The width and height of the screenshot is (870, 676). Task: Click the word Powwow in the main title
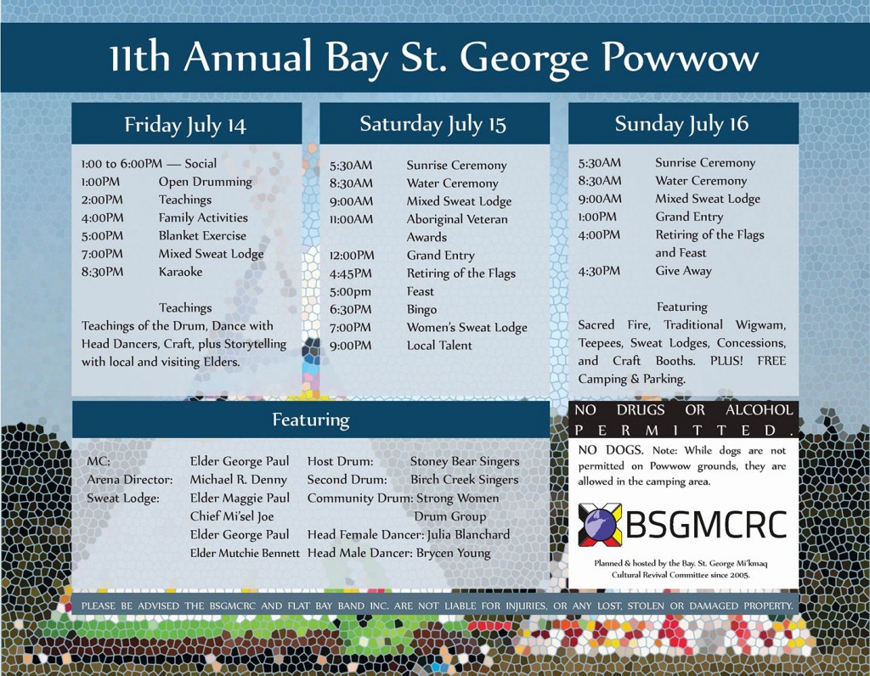tap(681, 58)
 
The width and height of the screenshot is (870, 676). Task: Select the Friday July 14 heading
tap(185, 125)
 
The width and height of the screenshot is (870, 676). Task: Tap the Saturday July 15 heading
tap(432, 124)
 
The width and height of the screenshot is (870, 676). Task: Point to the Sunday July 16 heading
tap(681, 124)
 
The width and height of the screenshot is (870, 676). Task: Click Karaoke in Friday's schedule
tap(180, 272)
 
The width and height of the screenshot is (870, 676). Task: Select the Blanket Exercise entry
tap(202, 236)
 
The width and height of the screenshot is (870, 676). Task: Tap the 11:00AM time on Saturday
tap(351, 219)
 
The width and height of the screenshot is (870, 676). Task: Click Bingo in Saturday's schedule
tap(421, 309)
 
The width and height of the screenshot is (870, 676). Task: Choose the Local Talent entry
tap(439, 345)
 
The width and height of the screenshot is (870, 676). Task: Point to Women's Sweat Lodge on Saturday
tap(467, 327)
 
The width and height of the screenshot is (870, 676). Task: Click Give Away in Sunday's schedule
tap(684, 271)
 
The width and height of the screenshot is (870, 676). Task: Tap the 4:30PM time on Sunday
tap(599, 271)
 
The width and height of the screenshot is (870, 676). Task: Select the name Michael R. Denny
tap(239, 479)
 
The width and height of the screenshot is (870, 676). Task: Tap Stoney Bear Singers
tap(465, 461)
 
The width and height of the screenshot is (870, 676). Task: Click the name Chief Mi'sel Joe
tap(232, 516)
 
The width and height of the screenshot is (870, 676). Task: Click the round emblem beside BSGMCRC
tap(599, 524)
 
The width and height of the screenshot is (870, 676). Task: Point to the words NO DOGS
tap(610, 450)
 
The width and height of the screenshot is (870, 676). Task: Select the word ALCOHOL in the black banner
tap(759, 410)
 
